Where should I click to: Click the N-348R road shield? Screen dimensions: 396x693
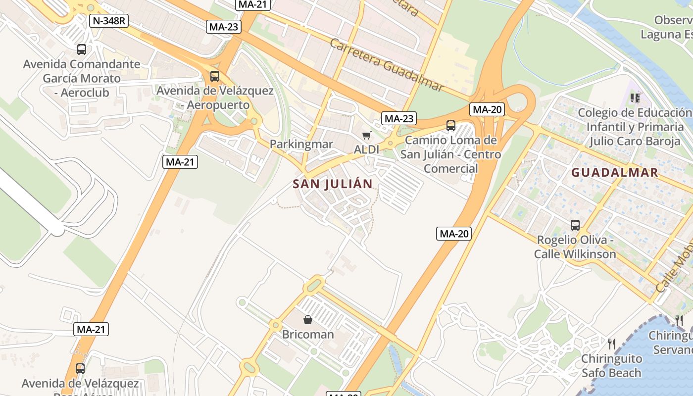tap(108, 20)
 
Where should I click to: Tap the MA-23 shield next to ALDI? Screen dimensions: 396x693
tap(399, 118)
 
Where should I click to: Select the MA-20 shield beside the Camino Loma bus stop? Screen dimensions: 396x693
tap(487, 110)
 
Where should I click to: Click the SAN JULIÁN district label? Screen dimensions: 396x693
tap(333, 184)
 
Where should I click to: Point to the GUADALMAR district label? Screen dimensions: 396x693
tap(615, 172)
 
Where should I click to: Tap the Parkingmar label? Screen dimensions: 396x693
tap(301, 144)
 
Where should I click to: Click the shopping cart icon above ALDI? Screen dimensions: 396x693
tap(366, 135)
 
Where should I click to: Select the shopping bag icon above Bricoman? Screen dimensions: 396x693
tap(308, 320)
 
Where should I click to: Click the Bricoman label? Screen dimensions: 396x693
tap(308, 334)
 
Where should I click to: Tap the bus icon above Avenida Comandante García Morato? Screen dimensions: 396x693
tap(82, 49)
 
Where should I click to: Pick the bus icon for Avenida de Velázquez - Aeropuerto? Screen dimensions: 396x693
tap(215, 76)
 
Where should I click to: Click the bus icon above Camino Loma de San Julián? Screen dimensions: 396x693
tap(450, 126)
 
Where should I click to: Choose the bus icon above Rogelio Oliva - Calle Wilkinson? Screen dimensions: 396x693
tap(575, 225)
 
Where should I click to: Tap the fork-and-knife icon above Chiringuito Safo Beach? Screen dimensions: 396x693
tap(612, 344)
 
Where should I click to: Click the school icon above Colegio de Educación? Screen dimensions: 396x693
tap(635, 98)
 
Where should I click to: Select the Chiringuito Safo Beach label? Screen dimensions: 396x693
tap(611, 365)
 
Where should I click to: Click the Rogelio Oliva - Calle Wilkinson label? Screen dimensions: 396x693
tap(575, 247)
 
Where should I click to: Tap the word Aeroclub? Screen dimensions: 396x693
tap(85, 93)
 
